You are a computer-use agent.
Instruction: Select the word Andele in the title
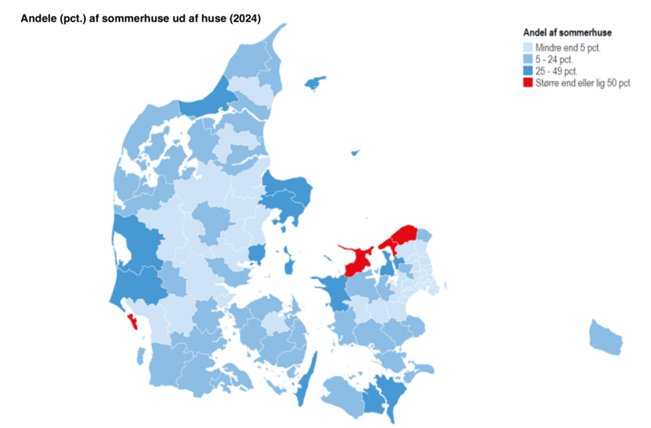click(x=38, y=18)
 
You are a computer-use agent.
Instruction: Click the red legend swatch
click(x=528, y=83)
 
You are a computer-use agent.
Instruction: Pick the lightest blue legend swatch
click(x=528, y=48)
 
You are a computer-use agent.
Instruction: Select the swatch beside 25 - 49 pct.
click(x=528, y=71)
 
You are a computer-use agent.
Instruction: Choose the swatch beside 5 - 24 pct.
click(x=528, y=59)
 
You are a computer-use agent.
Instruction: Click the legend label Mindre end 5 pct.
click(x=568, y=48)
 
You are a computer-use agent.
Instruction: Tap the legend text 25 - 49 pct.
click(x=556, y=71)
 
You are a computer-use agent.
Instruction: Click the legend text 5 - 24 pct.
click(x=554, y=59)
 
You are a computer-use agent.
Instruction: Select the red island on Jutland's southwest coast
click(x=134, y=321)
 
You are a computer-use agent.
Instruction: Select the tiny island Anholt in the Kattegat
click(x=355, y=153)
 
